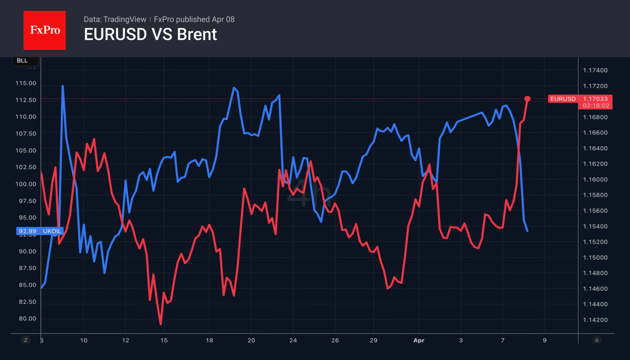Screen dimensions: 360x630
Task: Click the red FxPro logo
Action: tap(44, 30)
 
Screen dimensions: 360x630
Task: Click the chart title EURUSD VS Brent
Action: tap(150, 34)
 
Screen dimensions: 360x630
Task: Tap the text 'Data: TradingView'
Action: tap(115, 19)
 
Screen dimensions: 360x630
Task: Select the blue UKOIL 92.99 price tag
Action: tap(40, 231)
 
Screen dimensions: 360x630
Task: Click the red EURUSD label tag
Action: tap(563, 99)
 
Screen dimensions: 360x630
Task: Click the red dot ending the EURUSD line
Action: tap(527, 99)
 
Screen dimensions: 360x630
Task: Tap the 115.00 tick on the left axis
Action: tap(26, 83)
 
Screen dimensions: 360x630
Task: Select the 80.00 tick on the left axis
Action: tap(26, 318)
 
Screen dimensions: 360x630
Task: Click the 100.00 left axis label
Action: tap(26, 184)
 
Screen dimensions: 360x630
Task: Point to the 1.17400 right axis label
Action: tap(595, 70)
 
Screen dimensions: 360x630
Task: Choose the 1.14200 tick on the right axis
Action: tap(595, 320)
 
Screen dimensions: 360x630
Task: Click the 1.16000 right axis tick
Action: tap(595, 180)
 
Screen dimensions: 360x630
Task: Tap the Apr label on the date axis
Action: tap(418, 340)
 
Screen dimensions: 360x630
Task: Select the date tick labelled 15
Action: tap(164, 340)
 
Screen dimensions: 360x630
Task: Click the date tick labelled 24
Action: tap(293, 340)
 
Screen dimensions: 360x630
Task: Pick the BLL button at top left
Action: tap(22, 61)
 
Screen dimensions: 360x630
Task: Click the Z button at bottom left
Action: tap(26, 340)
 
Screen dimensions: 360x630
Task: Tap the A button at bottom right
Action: tap(596, 340)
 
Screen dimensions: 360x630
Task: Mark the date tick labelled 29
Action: tap(374, 340)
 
